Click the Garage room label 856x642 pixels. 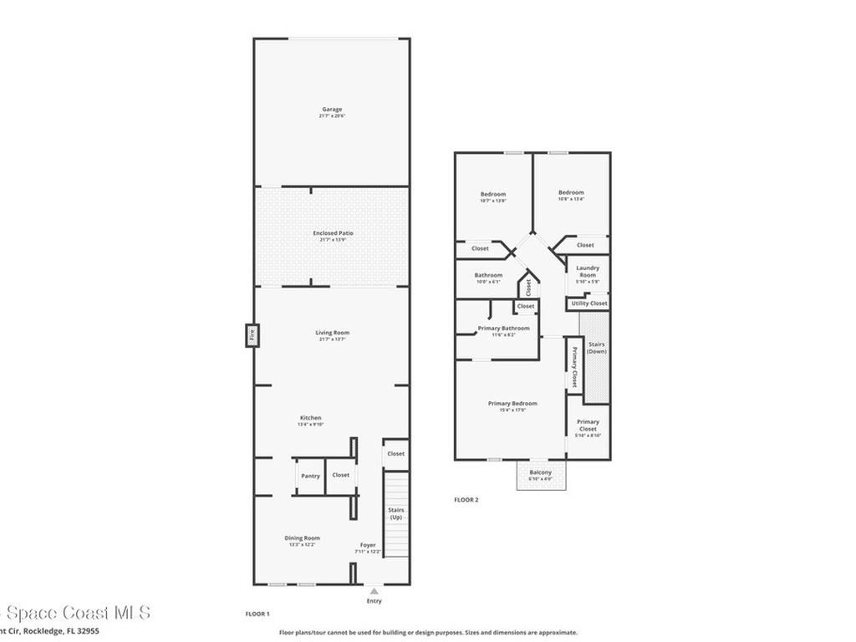[x=332, y=110]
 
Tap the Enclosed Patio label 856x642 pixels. [x=332, y=233]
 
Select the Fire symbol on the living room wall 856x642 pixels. [x=248, y=336]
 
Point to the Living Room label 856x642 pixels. [x=332, y=333]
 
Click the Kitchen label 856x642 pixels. [x=310, y=418]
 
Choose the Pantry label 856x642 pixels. [x=310, y=476]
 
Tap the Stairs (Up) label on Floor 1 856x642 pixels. [x=396, y=512]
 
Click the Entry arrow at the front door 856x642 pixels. [x=373, y=591]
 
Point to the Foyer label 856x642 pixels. [x=368, y=545]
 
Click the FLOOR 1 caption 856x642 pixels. [x=257, y=614]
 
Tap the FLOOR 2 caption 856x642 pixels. [x=466, y=500]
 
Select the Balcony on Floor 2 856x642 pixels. [x=541, y=474]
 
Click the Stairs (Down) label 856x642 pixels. [x=596, y=348]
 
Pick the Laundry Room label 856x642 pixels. [x=588, y=272]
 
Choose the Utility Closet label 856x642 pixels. [x=588, y=303]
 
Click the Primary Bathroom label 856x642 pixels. [x=503, y=329]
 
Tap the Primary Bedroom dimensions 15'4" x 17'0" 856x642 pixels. [x=512, y=410]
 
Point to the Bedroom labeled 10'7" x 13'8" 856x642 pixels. [x=492, y=197]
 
